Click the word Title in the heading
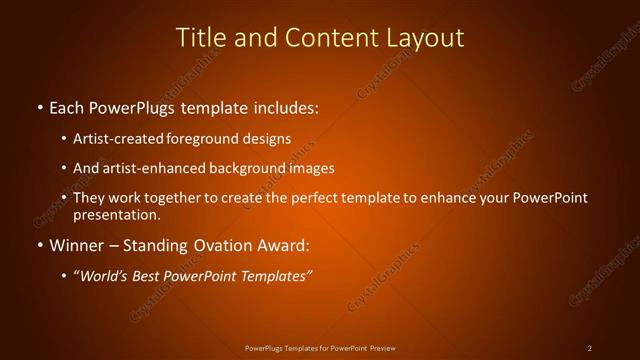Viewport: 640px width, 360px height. click(x=200, y=38)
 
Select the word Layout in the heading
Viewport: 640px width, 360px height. click(x=425, y=38)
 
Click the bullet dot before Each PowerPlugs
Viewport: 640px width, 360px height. click(x=39, y=106)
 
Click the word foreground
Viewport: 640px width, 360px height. click(x=208, y=138)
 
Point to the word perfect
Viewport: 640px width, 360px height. click(x=322, y=198)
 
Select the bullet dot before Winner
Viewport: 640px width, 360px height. click(x=39, y=245)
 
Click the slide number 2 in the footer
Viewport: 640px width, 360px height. click(x=590, y=348)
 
